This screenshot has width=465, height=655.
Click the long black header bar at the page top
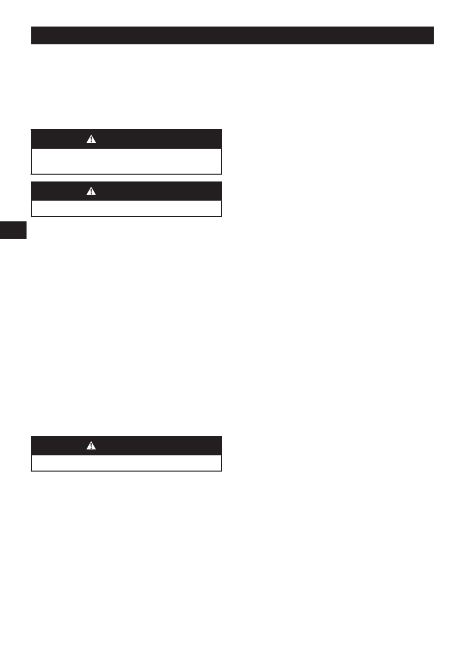232,35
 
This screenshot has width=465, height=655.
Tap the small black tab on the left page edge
13,230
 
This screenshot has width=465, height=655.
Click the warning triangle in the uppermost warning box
91,139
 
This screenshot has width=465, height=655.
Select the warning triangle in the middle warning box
91,191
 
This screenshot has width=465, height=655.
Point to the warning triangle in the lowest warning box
91,446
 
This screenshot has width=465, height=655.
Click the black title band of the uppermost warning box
147,139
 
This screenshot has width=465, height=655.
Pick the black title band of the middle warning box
147,191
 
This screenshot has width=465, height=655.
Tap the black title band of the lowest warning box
147,446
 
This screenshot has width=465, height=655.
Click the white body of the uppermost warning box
126,161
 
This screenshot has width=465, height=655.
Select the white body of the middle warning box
126,208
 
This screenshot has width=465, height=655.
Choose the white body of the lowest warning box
126,463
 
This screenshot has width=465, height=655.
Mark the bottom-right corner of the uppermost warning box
222,174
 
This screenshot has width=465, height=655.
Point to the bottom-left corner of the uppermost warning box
31,174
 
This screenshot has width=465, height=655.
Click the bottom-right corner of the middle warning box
222,216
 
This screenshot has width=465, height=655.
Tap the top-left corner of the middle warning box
31,182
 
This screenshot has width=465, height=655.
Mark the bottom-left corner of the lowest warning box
31,471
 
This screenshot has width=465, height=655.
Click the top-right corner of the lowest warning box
222,436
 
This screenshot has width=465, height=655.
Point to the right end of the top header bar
433,35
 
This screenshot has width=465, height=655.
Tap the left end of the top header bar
32,35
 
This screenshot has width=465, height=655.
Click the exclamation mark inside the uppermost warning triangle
91,140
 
